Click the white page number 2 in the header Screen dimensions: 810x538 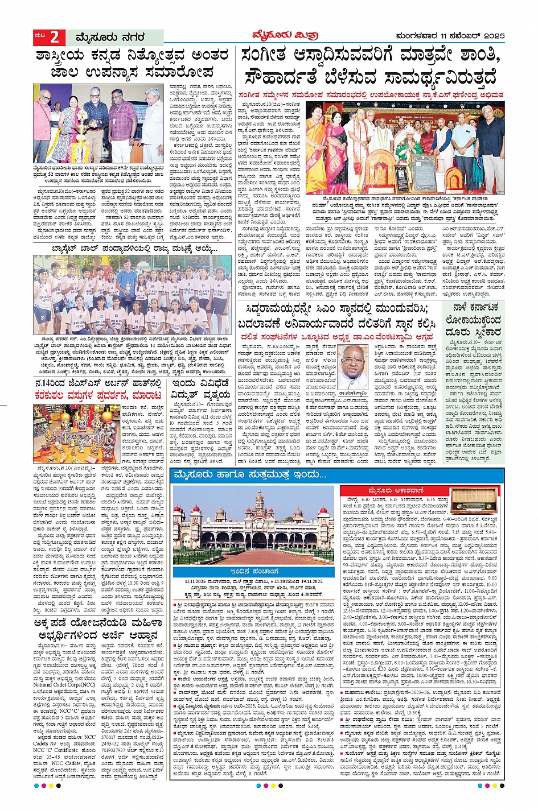(55, 38)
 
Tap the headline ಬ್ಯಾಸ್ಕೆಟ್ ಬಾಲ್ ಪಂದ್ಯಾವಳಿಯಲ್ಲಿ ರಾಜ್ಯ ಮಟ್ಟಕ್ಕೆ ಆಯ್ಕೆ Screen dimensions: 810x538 (132, 249)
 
